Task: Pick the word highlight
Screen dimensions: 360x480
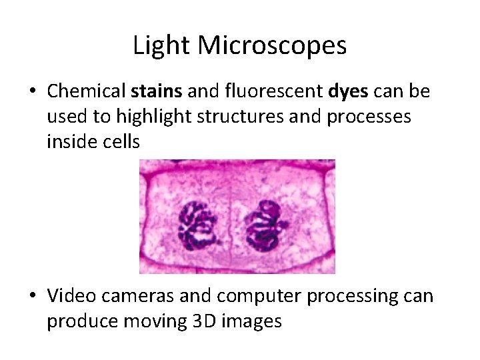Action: pyautogui.click(x=149, y=117)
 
